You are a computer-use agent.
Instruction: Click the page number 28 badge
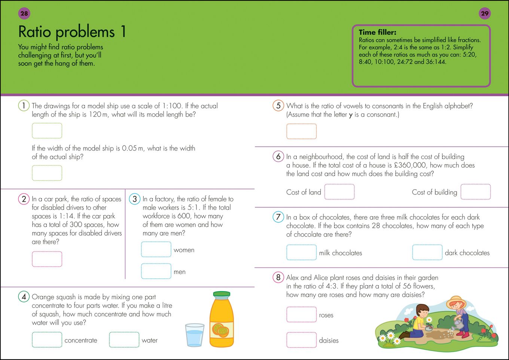[x=24, y=13]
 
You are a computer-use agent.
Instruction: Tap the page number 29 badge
[x=485, y=13]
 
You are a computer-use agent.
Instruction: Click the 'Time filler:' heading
[x=377, y=33]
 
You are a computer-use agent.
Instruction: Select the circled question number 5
[x=278, y=106]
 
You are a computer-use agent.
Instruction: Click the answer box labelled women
[x=156, y=249]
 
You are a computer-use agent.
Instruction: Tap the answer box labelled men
[x=156, y=271]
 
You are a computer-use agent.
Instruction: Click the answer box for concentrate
[x=47, y=340]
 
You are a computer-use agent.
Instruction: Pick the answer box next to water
[x=124, y=340]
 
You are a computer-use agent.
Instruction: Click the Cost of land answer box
[x=339, y=192]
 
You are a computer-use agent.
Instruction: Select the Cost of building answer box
[x=475, y=192]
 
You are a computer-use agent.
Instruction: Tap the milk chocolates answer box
[x=301, y=252]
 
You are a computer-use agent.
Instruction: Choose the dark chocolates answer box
[x=427, y=252]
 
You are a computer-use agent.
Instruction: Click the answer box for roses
[x=301, y=314]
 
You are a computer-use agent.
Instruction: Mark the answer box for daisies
[x=301, y=340]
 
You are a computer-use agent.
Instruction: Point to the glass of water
[x=195, y=335]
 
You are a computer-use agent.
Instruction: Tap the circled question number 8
[x=278, y=277]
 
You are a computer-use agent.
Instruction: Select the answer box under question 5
[x=301, y=131]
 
